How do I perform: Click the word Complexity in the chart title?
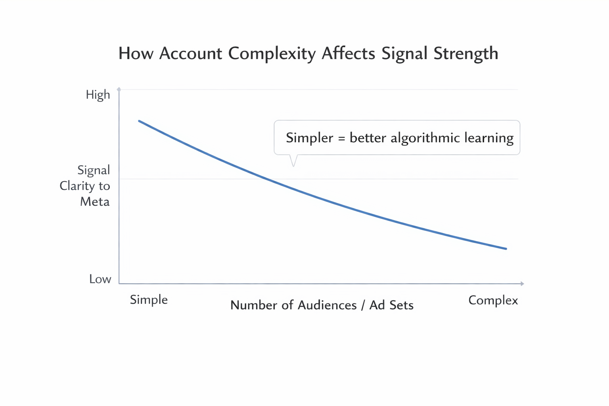tap(272, 54)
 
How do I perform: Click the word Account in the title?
tap(191, 54)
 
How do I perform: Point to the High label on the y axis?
tap(98, 95)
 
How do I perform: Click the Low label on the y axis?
tap(100, 279)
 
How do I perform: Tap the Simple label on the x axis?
tap(149, 300)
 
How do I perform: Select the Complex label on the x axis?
tap(493, 301)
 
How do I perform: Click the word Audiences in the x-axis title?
tap(327, 305)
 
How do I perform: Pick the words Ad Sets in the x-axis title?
tap(391, 305)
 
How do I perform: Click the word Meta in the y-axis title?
tap(95, 202)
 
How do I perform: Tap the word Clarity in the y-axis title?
tap(77, 186)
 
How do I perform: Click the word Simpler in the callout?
tap(310, 138)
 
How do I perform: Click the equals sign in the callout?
tap(342, 138)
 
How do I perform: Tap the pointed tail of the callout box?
tap(293, 164)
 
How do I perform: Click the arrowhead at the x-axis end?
tap(522, 283)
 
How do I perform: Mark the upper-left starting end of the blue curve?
tap(139, 121)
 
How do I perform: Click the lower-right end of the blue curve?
tap(506, 249)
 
